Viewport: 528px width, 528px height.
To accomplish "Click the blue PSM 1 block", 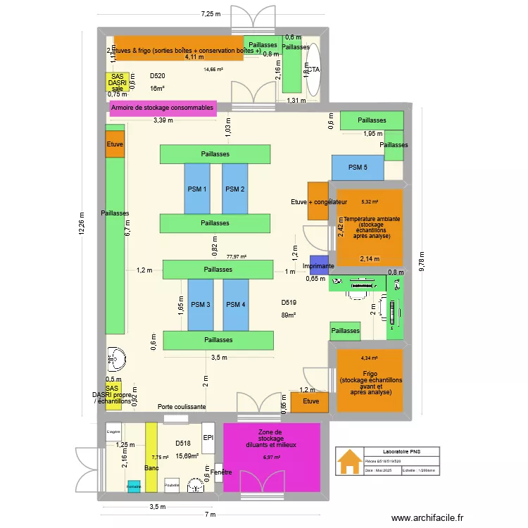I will pyautogui.click(x=197, y=189).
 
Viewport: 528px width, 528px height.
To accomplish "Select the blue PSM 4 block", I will pyautogui.click(x=236, y=305).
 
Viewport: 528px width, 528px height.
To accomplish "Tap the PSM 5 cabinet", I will pyautogui.click(x=358, y=168).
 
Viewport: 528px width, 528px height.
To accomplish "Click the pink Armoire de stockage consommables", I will pyautogui.click(x=163, y=108).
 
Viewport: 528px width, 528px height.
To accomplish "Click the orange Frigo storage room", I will pyautogui.click(x=370, y=380).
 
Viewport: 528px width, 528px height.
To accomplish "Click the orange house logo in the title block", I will pyautogui.click(x=348, y=463).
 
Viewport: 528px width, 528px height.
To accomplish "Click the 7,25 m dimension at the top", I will pyautogui.click(x=210, y=13).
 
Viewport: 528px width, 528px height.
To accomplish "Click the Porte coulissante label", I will pyautogui.click(x=182, y=407).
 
